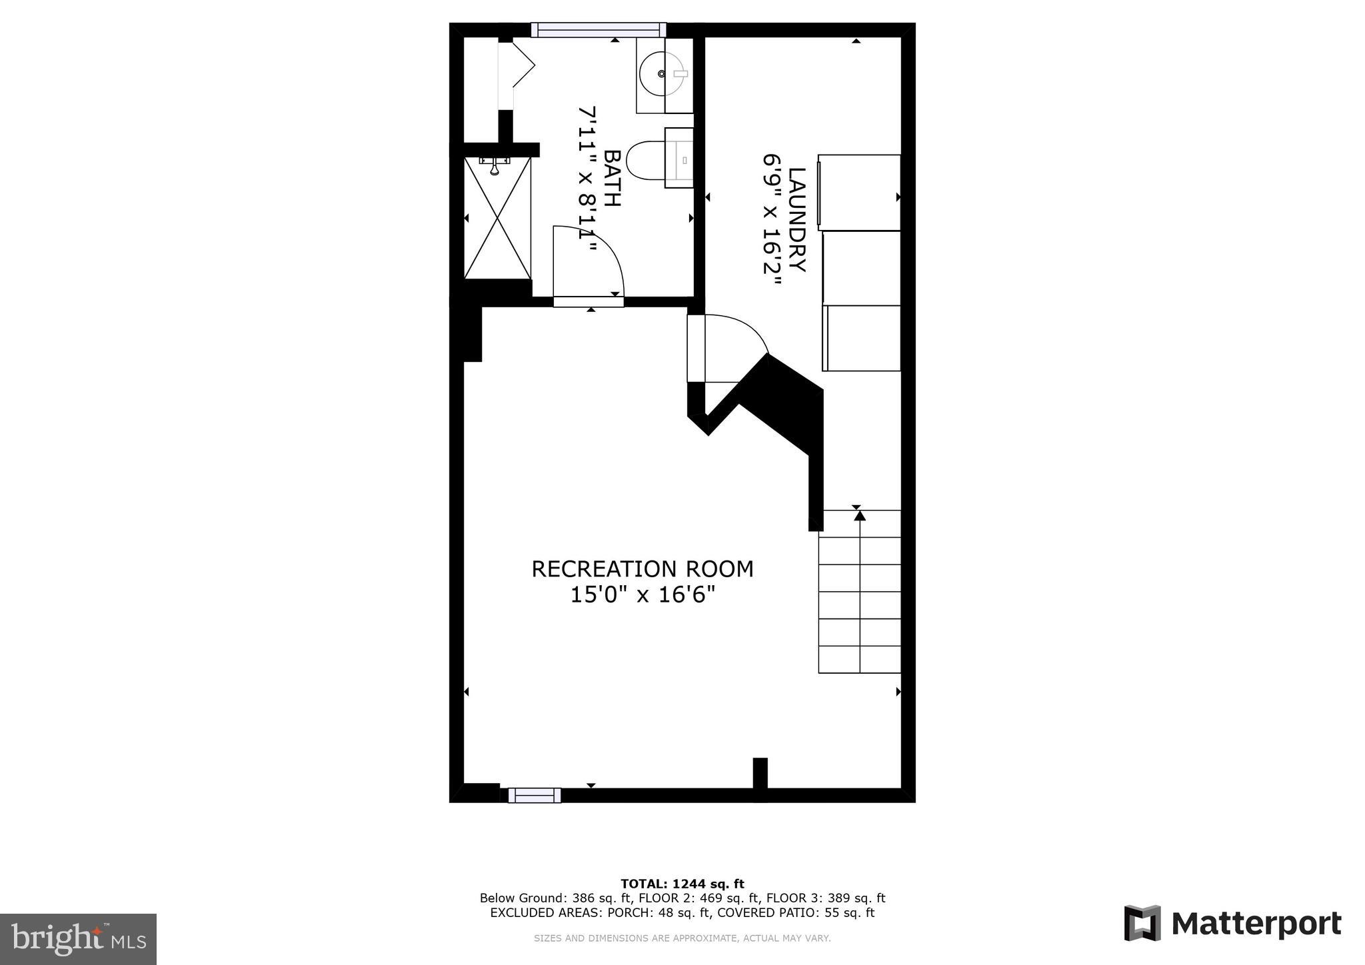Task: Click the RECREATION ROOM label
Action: point(642,569)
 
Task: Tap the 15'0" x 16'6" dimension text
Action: point(642,594)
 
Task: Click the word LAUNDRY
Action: point(797,219)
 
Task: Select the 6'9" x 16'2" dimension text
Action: point(772,219)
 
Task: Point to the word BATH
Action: point(612,178)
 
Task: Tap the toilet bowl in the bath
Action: point(645,161)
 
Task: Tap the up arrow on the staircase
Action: point(860,515)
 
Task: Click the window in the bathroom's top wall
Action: point(598,29)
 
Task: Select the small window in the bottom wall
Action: point(534,795)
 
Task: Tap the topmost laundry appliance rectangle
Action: point(859,193)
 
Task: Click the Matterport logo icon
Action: point(1142,924)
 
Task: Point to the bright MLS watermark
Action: point(78,939)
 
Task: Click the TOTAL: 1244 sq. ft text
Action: point(682,884)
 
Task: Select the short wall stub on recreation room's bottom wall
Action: point(760,773)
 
